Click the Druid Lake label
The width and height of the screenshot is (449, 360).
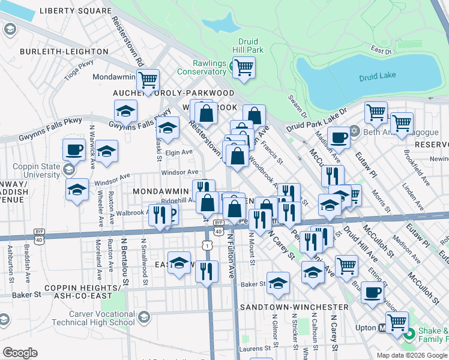(377, 77)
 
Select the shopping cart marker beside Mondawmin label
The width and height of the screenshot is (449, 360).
(147, 79)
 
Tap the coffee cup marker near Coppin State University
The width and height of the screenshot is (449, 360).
(74, 149)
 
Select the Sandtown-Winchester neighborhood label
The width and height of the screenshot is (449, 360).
(294, 307)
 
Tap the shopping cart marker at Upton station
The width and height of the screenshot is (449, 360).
(397, 322)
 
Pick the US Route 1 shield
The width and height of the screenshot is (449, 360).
(207, 245)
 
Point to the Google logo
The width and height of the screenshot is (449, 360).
(20, 352)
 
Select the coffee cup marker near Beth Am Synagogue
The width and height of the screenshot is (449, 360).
(339, 137)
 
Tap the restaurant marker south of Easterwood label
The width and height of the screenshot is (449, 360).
(206, 271)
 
